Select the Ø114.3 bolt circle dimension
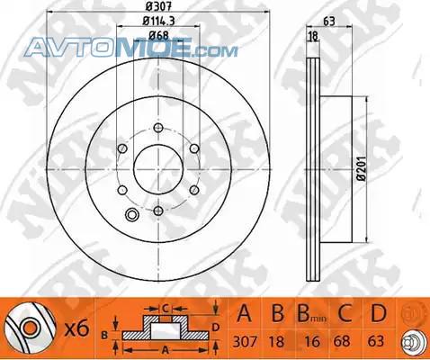click(158, 21)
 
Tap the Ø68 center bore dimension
click(158, 36)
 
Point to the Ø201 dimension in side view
click(363, 168)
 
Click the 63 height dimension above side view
click(329, 22)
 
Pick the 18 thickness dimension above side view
click(313, 37)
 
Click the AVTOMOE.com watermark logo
click(131, 47)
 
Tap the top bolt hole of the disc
click(158, 128)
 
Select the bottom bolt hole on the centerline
click(158, 211)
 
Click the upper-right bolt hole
click(194, 148)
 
